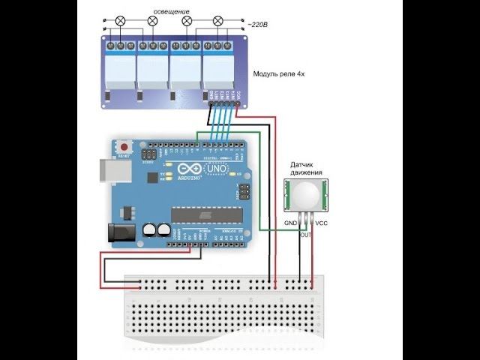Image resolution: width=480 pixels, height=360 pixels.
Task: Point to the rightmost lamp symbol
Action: pos(218,22)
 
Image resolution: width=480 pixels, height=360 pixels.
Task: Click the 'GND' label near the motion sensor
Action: pos(290,223)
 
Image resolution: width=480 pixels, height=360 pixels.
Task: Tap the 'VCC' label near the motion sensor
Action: pos(321,223)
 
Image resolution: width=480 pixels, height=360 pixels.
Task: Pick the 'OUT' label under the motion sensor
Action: pos(305,235)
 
